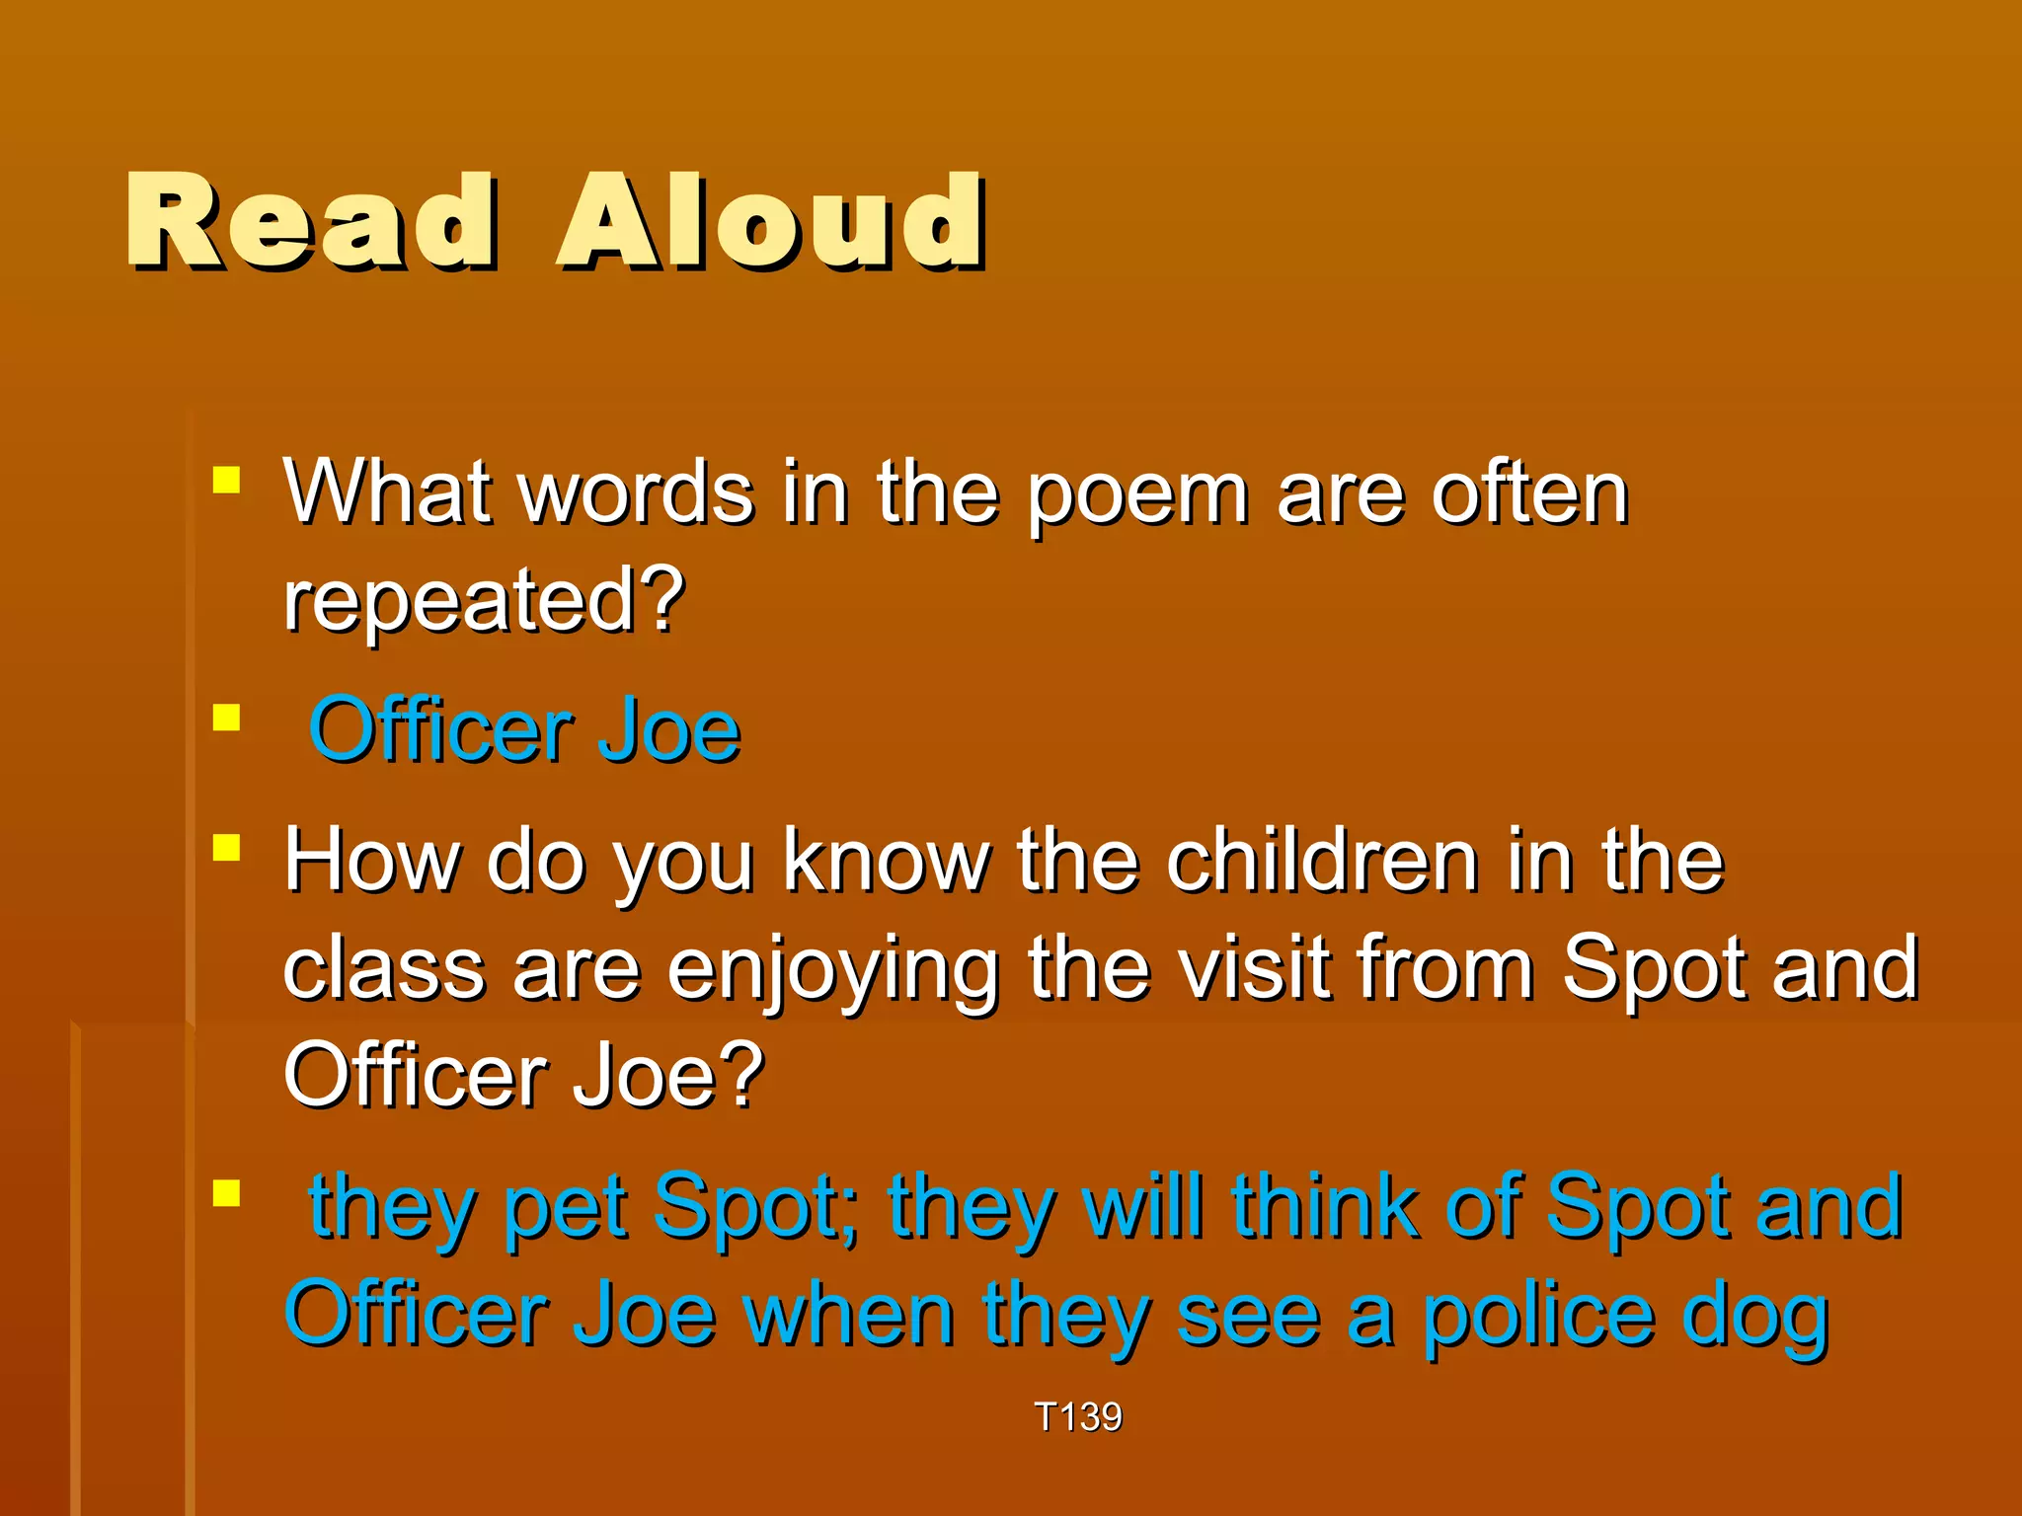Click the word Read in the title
pos(310,222)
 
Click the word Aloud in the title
pos(770,222)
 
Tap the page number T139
pos(1077,1416)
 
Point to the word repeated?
pos(484,600)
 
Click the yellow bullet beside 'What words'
pos(227,481)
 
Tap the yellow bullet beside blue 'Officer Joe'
pos(227,718)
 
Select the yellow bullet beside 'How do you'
pos(227,848)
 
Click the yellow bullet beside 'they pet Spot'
pos(227,1193)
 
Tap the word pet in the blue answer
pos(565,1208)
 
